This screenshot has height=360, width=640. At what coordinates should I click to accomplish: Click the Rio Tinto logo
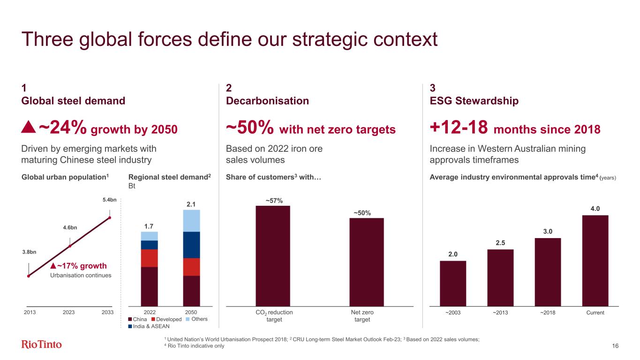click(x=41, y=345)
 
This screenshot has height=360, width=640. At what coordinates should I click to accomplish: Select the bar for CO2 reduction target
click(x=272, y=255)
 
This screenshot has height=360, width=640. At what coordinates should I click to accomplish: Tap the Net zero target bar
click(x=366, y=262)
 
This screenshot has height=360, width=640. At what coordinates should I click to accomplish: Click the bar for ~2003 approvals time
click(x=452, y=283)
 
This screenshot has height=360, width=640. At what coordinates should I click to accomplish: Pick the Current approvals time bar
click(x=595, y=260)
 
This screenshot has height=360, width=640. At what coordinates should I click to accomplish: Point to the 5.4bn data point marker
click(x=110, y=217)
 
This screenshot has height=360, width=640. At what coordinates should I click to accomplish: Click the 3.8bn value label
click(x=29, y=252)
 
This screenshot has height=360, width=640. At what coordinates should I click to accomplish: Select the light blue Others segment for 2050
click(x=191, y=220)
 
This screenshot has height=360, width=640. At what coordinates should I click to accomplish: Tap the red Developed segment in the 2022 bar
click(x=150, y=258)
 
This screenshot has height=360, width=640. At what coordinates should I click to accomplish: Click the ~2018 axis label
click(x=547, y=313)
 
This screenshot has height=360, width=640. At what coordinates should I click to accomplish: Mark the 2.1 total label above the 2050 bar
click(x=191, y=204)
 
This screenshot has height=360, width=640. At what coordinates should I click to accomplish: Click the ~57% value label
click(x=274, y=201)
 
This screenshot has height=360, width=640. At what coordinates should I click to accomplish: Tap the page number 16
click(x=615, y=346)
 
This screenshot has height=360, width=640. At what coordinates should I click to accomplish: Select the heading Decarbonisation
click(x=267, y=101)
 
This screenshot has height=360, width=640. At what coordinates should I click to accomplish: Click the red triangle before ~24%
click(x=29, y=127)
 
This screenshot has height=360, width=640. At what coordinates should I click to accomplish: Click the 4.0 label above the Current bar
click(x=595, y=209)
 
